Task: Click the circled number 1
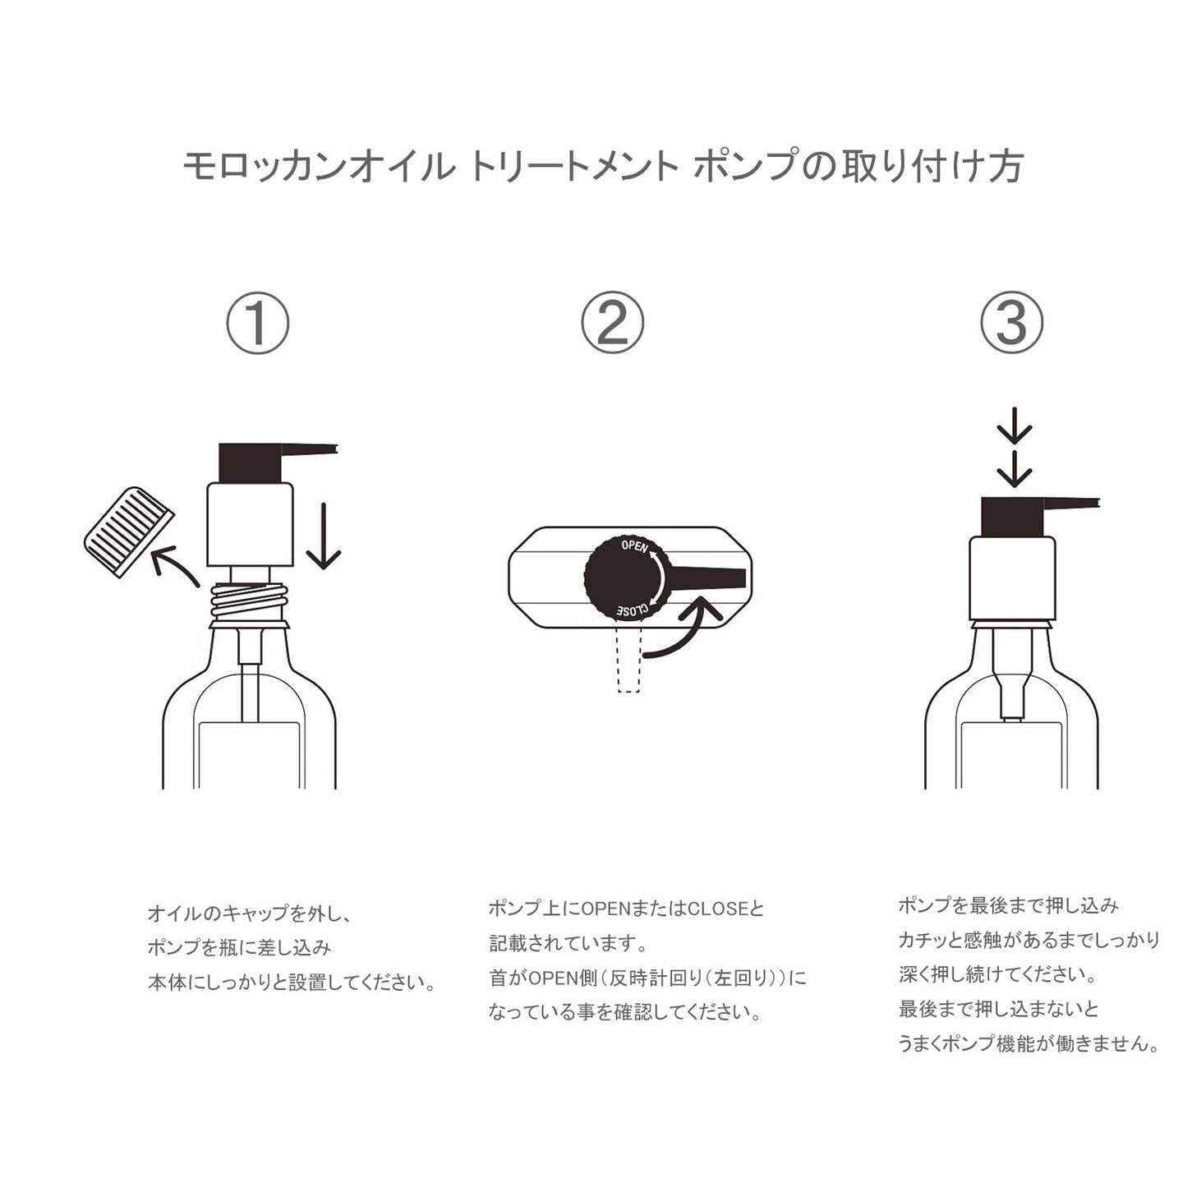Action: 258,323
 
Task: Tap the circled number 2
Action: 613,323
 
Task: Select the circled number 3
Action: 1011,323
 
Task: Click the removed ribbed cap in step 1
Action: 129,532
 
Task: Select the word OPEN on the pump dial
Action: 634,545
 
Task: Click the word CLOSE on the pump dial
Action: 633,610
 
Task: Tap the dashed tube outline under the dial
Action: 629,660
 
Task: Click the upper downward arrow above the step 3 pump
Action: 1014,426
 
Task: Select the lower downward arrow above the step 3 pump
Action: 1014,470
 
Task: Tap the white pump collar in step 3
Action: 1012,578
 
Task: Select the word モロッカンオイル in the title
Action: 318,166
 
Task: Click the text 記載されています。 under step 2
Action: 568,943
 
